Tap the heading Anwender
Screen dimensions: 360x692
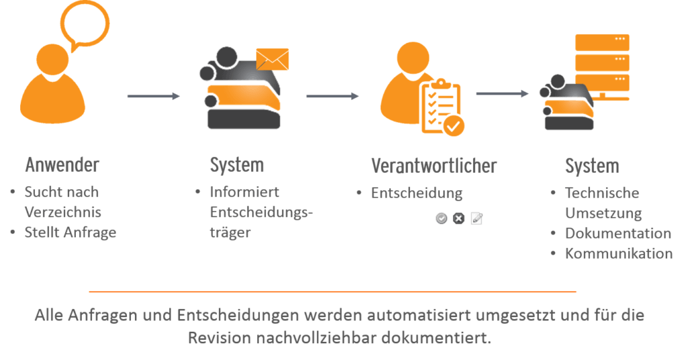click(x=62, y=165)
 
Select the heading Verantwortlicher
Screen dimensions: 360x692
click(x=434, y=166)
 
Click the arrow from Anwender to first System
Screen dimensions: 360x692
click(x=154, y=96)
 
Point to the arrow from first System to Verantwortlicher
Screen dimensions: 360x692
click(x=333, y=96)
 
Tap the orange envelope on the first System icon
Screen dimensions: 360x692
click(x=272, y=59)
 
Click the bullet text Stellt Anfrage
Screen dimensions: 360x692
click(x=71, y=232)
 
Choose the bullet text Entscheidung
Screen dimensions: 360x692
click(x=417, y=193)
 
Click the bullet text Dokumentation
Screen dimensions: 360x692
click(x=618, y=233)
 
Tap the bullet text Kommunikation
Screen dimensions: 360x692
click(x=619, y=253)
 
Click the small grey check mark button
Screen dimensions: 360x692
click(x=441, y=218)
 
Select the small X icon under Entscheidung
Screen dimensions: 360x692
click(x=459, y=218)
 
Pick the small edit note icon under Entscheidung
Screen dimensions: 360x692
click(x=476, y=218)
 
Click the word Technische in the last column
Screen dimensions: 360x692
click(x=602, y=193)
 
